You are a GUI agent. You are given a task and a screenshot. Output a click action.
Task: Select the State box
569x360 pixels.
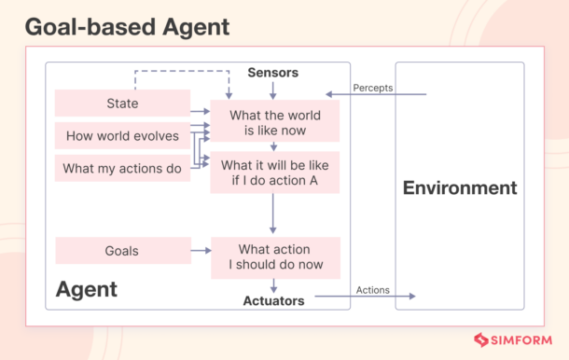click(x=121, y=104)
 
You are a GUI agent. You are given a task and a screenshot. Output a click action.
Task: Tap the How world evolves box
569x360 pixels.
click(x=121, y=136)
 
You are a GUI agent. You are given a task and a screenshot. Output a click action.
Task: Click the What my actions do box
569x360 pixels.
click(x=121, y=169)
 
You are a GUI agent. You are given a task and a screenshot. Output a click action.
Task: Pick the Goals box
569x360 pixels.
click(x=121, y=251)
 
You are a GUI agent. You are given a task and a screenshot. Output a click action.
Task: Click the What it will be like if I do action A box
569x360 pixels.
click(x=274, y=173)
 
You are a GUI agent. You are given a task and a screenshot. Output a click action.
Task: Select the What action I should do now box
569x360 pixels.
click(x=274, y=257)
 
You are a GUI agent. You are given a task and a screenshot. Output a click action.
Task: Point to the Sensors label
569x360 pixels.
click(x=272, y=72)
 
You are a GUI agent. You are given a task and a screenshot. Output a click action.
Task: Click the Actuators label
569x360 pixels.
click(x=274, y=301)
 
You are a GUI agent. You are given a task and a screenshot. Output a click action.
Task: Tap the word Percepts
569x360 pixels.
click(x=372, y=88)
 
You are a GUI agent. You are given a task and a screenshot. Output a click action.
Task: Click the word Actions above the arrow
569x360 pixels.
click(x=373, y=290)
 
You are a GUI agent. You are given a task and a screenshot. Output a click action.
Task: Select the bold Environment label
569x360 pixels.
click(x=459, y=188)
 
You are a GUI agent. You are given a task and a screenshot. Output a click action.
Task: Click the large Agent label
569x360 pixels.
click(x=87, y=289)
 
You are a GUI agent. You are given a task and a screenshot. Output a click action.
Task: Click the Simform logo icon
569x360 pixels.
click(x=482, y=341)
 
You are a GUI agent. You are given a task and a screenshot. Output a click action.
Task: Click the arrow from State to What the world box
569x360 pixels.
click(x=199, y=111)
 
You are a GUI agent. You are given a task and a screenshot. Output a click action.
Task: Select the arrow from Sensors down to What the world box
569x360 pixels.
click(x=272, y=90)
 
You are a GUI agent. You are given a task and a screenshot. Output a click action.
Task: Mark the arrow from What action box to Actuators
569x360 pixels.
click(x=273, y=285)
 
